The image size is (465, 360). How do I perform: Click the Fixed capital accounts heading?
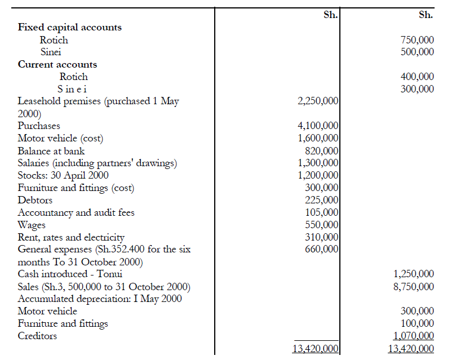click(x=70, y=27)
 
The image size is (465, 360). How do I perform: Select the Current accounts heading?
click(x=57, y=64)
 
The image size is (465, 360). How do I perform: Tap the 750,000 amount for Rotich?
click(x=417, y=40)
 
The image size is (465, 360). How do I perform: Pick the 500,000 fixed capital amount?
click(x=417, y=52)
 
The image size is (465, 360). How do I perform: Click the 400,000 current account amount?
click(x=417, y=77)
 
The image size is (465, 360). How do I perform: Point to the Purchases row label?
click(x=39, y=126)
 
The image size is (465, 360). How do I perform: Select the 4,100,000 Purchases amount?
click(x=318, y=126)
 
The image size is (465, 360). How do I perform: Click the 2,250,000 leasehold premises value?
click(x=318, y=101)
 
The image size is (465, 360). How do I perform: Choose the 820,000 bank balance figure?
click(x=321, y=150)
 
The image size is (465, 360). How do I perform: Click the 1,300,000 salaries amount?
click(x=318, y=163)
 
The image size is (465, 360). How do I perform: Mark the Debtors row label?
click(x=35, y=200)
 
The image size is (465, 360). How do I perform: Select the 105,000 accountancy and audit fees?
click(x=321, y=212)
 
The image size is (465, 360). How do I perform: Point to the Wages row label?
click(x=32, y=225)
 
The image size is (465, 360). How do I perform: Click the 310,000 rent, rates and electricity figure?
click(x=321, y=237)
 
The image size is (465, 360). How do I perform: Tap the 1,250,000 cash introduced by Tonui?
click(x=414, y=274)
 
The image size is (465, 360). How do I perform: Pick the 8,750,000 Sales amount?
click(x=414, y=287)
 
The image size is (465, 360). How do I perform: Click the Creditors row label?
click(x=37, y=336)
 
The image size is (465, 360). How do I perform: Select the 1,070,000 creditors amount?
click(x=414, y=336)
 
